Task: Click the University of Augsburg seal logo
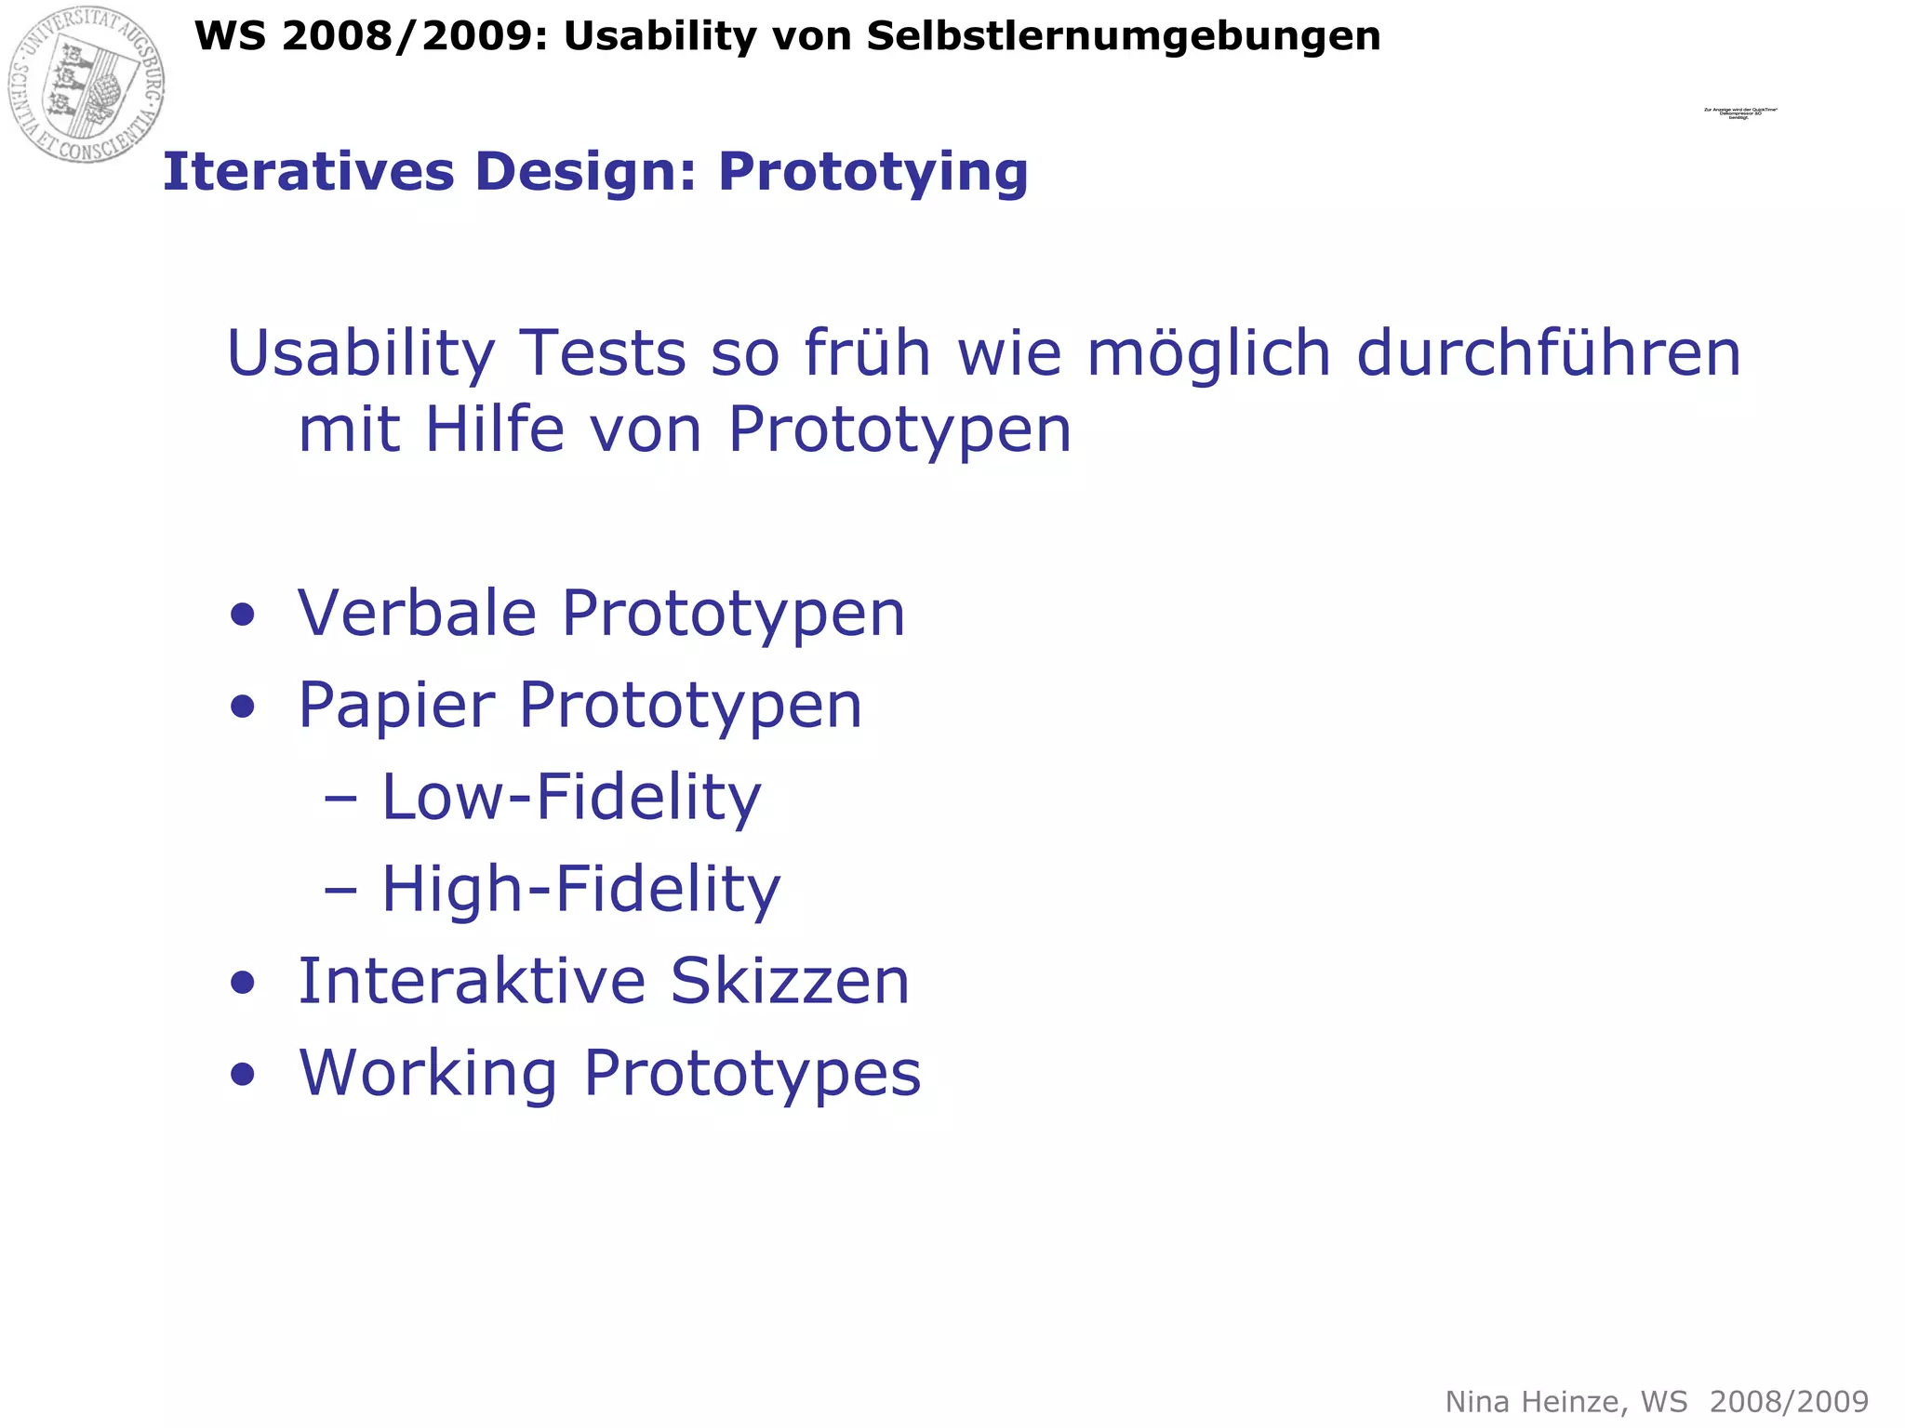pyautogui.click(x=87, y=84)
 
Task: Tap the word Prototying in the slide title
pyautogui.click(x=873, y=173)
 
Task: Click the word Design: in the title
pyautogui.click(x=586, y=173)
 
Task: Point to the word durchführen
pyautogui.click(x=1548, y=355)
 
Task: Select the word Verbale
pyautogui.click(x=417, y=614)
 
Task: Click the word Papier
pyautogui.click(x=396, y=707)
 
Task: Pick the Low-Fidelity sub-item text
pyautogui.click(x=571, y=798)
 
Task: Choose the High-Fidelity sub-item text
pyautogui.click(x=580, y=890)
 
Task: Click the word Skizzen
pyautogui.click(x=789, y=982)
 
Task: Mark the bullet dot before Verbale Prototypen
pyautogui.click(x=243, y=615)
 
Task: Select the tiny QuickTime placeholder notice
pyautogui.click(x=1739, y=113)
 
